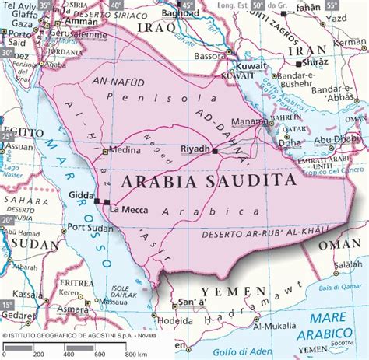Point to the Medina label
pyautogui.click(x=124, y=150)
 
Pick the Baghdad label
pyautogui.click(x=181, y=13)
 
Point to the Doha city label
pyautogui.click(x=290, y=143)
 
